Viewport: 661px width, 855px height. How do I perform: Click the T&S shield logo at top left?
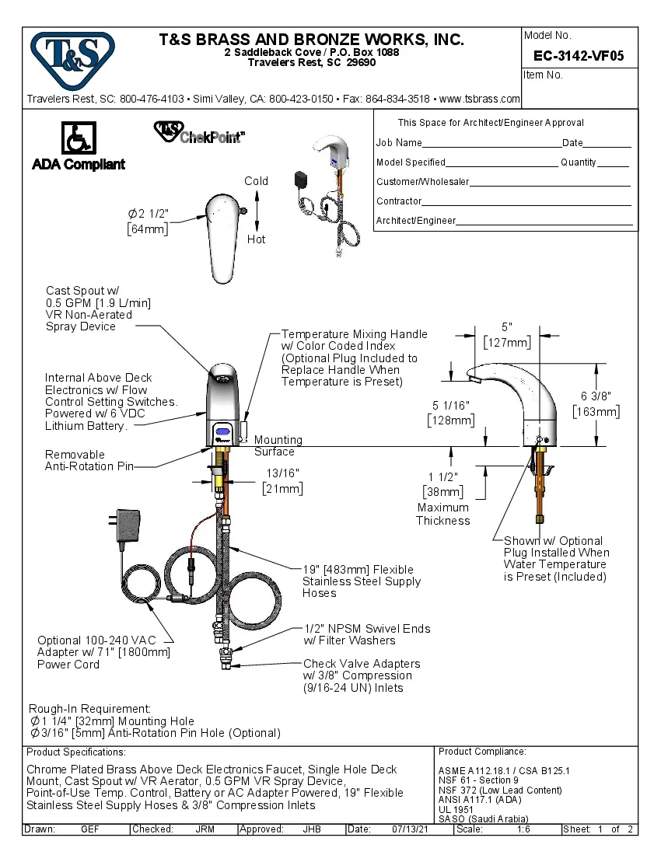click(72, 57)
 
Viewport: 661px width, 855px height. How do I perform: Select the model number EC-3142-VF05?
click(578, 56)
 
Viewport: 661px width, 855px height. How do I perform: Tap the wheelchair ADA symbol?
click(78, 140)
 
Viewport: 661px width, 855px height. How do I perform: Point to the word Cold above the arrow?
click(256, 181)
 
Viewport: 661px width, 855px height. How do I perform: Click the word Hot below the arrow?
click(256, 239)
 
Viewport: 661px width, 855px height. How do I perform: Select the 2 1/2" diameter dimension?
click(149, 220)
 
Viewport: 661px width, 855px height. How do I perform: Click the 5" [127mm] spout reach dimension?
click(507, 335)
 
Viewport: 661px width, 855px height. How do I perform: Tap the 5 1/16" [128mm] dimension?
click(451, 413)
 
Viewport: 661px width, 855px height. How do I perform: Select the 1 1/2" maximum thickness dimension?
click(442, 484)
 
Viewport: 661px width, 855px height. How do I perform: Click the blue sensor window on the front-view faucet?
click(224, 432)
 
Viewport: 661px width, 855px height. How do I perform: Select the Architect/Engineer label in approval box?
click(416, 221)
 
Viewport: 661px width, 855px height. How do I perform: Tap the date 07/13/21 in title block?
click(411, 829)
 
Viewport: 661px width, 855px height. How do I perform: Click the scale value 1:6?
click(524, 829)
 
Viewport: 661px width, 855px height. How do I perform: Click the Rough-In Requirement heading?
click(89, 709)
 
